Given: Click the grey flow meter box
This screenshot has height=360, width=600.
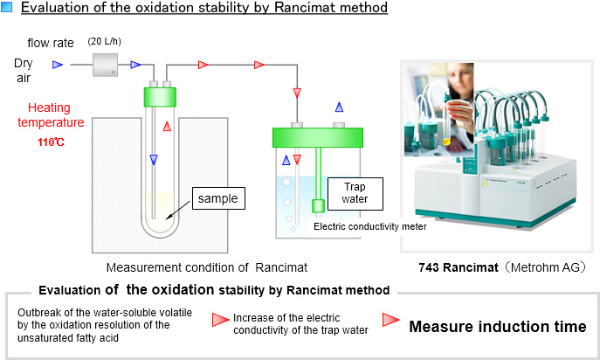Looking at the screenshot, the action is click(105, 65).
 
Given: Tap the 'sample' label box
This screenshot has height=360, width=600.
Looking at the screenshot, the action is click(218, 198).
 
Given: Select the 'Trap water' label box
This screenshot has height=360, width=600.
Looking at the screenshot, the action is click(355, 193).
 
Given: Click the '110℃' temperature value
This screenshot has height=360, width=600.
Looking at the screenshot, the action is click(51, 142).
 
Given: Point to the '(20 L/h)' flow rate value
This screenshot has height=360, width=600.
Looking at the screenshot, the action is click(104, 41).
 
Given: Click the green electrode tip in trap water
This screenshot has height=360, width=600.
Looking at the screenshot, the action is click(318, 206).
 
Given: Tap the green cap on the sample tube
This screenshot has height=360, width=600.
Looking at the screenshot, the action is click(160, 97).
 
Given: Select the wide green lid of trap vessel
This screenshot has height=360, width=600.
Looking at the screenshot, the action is click(318, 137).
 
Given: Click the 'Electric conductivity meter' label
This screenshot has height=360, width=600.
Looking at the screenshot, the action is click(370, 226).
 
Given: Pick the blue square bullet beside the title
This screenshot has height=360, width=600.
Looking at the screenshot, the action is click(6, 7).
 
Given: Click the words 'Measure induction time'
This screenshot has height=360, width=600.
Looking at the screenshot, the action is click(498, 327).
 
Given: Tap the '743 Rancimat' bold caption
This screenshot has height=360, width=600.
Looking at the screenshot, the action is click(459, 267).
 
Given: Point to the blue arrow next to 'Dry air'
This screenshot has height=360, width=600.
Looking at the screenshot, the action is click(58, 65).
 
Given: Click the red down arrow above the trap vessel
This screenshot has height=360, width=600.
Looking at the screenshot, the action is click(297, 93).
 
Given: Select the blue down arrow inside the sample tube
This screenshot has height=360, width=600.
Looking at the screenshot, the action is click(154, 159).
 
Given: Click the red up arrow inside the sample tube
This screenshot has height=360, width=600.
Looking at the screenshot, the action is click(167, 126).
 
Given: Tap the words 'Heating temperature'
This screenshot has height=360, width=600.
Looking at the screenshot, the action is click(51, 114).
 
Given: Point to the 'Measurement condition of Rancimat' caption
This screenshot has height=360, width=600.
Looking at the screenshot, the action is click(207, 267).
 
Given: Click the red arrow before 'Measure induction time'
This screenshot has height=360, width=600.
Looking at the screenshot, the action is click(390, 320).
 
